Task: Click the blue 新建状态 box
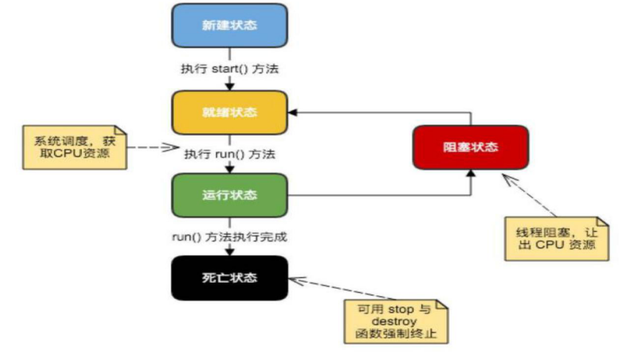click(229, 25)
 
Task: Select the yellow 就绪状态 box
click(229, 113)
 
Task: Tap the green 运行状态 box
click(229, 195)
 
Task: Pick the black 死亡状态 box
click(229, 278)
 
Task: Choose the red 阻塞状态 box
click(471, 147)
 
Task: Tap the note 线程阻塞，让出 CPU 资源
click(557, 237)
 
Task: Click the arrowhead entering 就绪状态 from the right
click(292, 113)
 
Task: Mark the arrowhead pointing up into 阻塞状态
click(471, 173)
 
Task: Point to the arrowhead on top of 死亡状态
click(230, 252)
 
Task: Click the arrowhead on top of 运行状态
click(230, 169)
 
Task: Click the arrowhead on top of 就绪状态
click(230, 86)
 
